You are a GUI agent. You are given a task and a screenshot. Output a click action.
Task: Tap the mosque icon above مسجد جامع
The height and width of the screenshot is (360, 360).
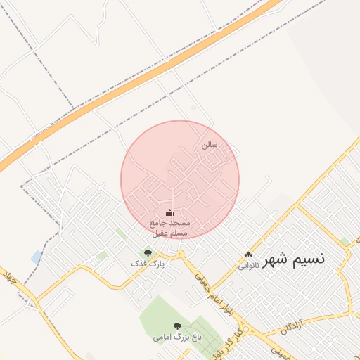[x=169, y=212]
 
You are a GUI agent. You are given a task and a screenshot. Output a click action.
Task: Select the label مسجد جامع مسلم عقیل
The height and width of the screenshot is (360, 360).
[x=169, y=226]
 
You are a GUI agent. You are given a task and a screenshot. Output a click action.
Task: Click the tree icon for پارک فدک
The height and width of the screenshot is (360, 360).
[x=147, y=253]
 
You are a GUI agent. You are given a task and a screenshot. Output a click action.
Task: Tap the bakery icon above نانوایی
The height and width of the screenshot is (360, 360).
[x=247, y=255]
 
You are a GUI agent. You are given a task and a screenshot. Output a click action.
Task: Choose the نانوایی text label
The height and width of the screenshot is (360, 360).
[x=248, y=266]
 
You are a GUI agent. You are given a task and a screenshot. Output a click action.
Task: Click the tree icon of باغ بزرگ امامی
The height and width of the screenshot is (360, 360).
[x=177, y=326]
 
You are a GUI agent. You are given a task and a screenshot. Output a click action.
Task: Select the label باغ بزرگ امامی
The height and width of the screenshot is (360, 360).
[x=177, y=337]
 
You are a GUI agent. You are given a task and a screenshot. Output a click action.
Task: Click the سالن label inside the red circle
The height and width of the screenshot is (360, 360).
[x=210, y=145]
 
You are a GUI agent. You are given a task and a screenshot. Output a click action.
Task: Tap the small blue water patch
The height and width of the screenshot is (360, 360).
[x=36, y=257]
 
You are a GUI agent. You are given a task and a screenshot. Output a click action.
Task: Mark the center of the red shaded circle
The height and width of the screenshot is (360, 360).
[x=180, y=179]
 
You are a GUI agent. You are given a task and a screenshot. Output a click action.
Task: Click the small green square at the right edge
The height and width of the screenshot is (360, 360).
[x=345, y=242]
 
